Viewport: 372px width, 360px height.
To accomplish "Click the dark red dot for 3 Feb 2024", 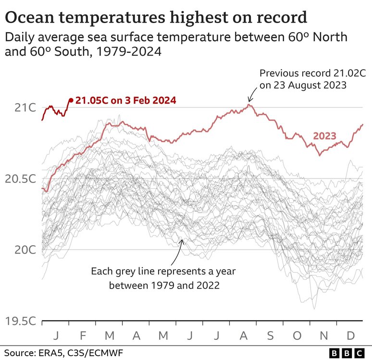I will tap(71, 100).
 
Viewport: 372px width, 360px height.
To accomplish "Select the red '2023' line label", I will tap(325, 136).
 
